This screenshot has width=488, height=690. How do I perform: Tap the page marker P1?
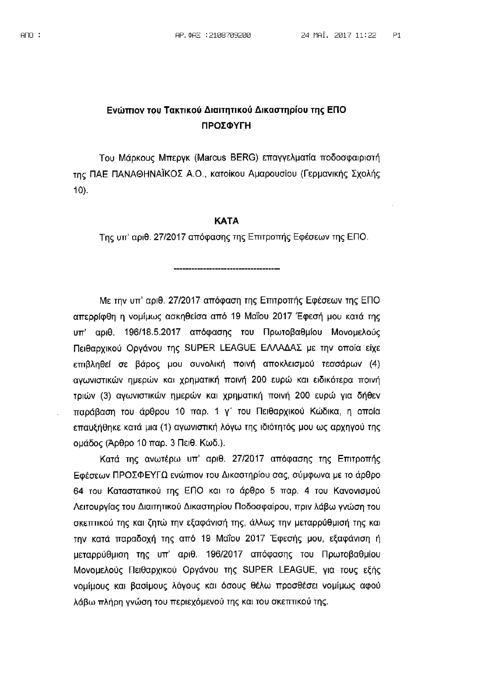pyautogui.click(x=396, y=35)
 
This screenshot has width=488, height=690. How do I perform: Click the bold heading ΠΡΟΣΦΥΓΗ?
pyautogui.click(x=226, y=125)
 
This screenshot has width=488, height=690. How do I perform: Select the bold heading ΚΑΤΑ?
pyautogui.click(x=226, y=221)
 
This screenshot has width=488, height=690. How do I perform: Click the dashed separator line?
pyautogui.click(x=227, y=268)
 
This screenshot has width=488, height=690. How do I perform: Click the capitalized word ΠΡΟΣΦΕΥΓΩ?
pyautogui.click(x=140, y=475)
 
